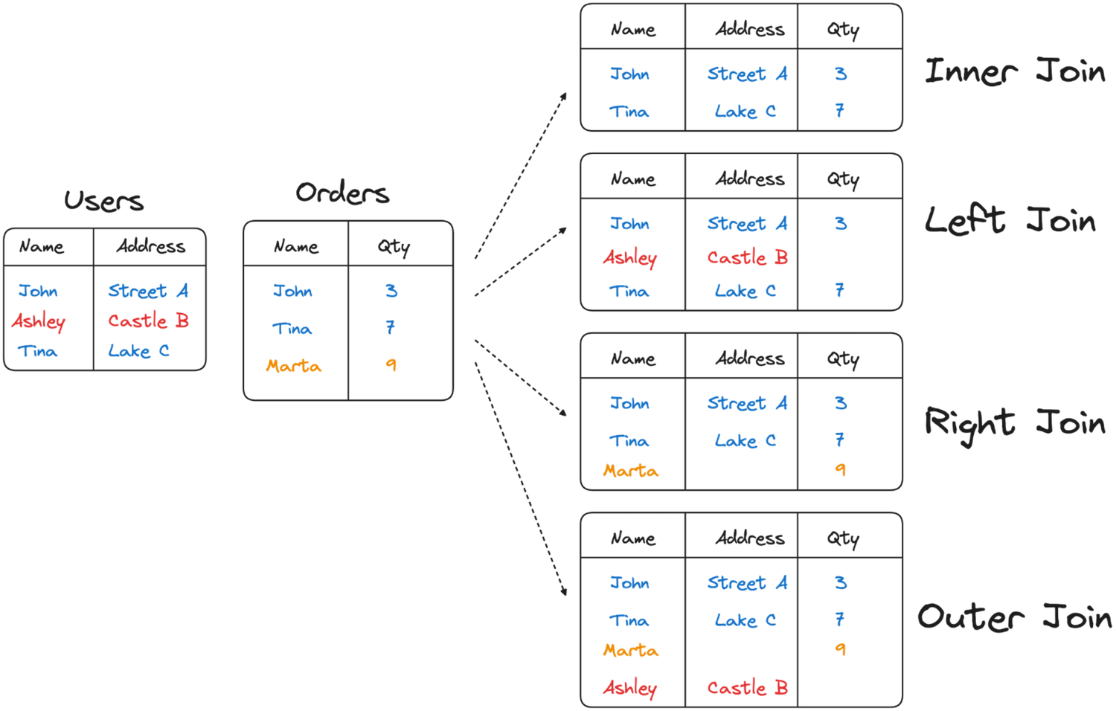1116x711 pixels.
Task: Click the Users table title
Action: [x=103, y=201]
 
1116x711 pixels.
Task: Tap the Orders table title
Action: [x=342, y=193]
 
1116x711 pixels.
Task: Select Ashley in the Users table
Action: [x=39, y=321]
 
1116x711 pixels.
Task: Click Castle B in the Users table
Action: [x=148, y=321]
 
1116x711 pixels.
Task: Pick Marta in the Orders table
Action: [x=294, y=366]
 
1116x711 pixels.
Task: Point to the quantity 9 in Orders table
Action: [x=391, y=364]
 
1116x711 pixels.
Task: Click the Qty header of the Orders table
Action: [x=394, y=246]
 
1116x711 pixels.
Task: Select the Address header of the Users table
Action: [x=150, y=246]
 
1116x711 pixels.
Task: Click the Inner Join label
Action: [x=1015, y=71]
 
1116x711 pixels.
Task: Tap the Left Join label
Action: [x=1010, y=221]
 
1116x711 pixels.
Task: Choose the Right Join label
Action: [x=1015, y=423]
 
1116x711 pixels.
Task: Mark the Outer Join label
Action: [x=1015, y=617]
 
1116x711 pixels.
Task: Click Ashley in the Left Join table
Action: [x=630, y=258]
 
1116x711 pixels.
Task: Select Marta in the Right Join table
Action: [x=630, y=471]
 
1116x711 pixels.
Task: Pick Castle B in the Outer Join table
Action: [x=747, y=688]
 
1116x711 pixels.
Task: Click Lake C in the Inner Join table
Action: [x=745, y=112]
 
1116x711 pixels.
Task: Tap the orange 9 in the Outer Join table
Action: [x=841, y=650]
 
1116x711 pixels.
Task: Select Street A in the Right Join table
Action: [x=747, y=403]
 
